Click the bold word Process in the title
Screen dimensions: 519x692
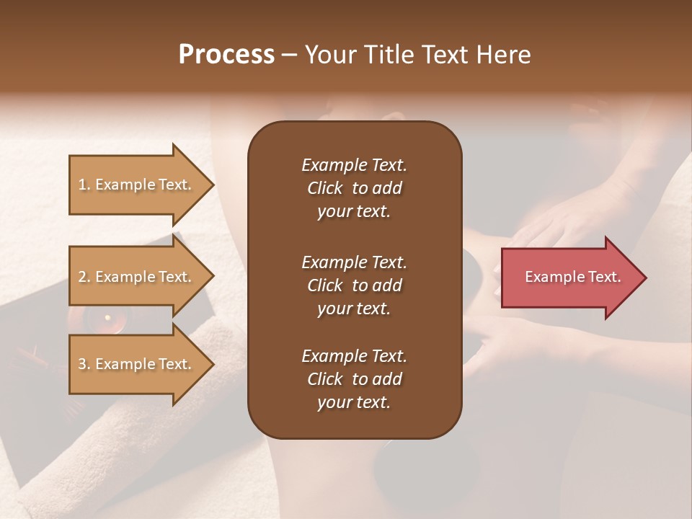(x=226, y=54)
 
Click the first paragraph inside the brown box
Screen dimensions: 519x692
(x=354, y=188)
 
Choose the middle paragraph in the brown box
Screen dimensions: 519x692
(x=354, y=285)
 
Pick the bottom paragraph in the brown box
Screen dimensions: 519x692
(x=354, y=379)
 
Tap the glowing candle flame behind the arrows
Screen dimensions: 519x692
(x=107, y=317)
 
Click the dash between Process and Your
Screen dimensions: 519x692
(x=289, y=56)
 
